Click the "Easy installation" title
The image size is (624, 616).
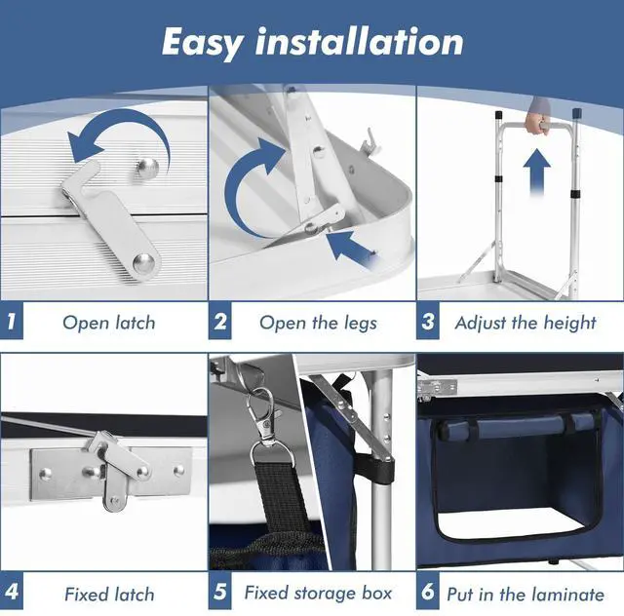tap(312, 43)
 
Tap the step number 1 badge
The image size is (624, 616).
tap(12, 321)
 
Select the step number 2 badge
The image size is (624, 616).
tap(219, 321)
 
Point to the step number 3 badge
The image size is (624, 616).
tap(428, 321)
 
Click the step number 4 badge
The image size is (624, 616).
tap(12, 591)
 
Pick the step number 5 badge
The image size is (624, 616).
tap(219, 591)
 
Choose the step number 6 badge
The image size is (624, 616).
tap(428, 591)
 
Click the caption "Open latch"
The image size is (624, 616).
tap(109, 324)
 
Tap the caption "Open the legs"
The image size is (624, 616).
tap(318, 324)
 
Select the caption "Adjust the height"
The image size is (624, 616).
tap(526, 324)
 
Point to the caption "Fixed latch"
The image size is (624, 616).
tap(109, 595)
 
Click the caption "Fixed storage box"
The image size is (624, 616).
tap(318, 594)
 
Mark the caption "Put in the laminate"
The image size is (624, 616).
tap(526, 595)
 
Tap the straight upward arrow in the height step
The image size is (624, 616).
tap(537, 173)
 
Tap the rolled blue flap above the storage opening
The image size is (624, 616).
tap(518, 425)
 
